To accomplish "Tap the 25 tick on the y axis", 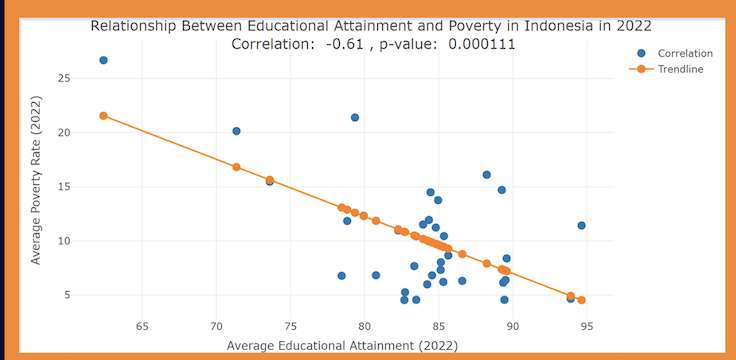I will point(63,78).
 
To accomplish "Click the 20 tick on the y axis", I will point(63,132).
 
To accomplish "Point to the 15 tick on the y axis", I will point(63,187).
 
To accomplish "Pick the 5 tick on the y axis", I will point(66,295).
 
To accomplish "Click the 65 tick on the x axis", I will point(142,326).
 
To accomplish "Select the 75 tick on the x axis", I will point(290,326).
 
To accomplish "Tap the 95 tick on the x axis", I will point(587,326).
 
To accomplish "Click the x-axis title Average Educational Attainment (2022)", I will point(342,346).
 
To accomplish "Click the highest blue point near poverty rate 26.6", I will point(103,60).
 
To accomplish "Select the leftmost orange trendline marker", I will point(103,116).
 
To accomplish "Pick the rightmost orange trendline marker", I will point(581,300).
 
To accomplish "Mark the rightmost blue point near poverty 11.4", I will point(581,226).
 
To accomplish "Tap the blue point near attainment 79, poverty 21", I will point(355,117).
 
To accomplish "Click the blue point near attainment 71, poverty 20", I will point(236,131).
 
